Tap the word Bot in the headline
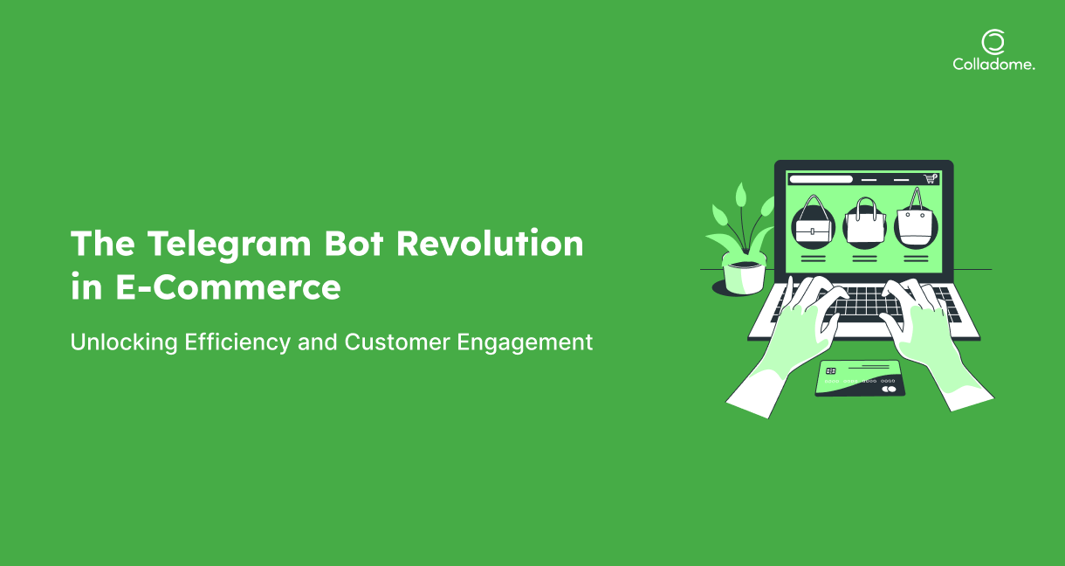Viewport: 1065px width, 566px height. pyautogui.click(x=354, y=244)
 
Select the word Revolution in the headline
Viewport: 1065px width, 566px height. pyautogui.click(x=490, y=243)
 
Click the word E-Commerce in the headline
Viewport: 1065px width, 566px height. pyautogui.click(x=228, y=287)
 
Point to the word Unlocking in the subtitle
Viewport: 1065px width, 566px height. pyautogui.click(x=124, y=342)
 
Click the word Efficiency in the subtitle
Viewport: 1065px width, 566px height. pyautogui.click(x=237, y=342)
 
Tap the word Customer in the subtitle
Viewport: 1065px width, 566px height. pyautogui.click(x=397, y=342)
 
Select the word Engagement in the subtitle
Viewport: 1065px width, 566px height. pyautogui.click(x=525, y=342)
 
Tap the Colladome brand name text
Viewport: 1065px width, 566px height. pyautogui.click(x=993, y=65)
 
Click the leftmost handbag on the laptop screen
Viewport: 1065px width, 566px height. pyautogui.click(x=813, y=222)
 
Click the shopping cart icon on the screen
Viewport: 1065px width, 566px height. pyautogui.click(x=930, y=178)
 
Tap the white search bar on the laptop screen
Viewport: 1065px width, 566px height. pyautogui.click(x=821, y=179)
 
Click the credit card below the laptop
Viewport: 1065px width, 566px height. pyautogui.click(x=860, y=378)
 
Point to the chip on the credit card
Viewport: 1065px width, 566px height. pyautogui.click(x=831, y=371)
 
